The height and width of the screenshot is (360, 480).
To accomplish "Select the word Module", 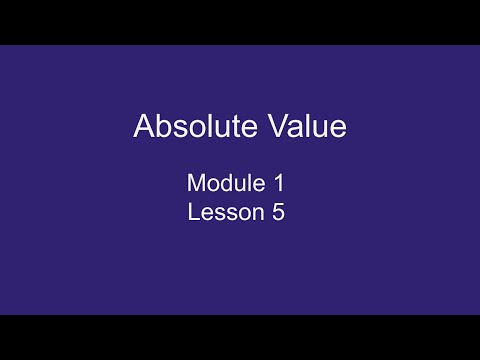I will tap(222, 184).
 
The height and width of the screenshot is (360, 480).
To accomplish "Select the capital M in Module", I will tap(196, 184).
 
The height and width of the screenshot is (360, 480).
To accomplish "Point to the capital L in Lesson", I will tap(193, 212).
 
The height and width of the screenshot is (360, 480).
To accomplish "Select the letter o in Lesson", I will tap(237, 213).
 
